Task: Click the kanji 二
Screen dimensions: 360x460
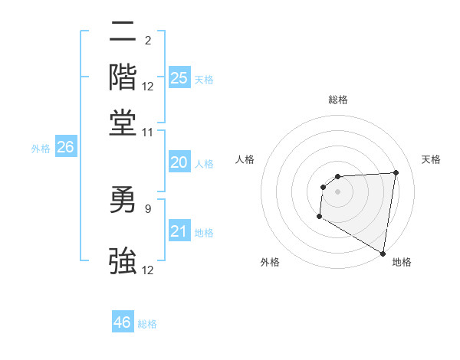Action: (123, 33)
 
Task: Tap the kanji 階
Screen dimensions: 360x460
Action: (123, 77)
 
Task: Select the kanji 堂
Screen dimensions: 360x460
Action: (123, 123)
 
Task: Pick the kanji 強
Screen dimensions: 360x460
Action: (123, 261)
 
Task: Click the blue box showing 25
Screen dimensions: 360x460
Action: (179, 77)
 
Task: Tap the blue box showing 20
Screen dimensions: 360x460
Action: (179, 162)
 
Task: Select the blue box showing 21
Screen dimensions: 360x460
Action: (179, 231)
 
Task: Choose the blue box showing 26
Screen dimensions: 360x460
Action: (65, 148)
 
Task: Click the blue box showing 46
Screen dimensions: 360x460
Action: (123, 322)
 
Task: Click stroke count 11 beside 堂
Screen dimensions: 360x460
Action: (148, 133)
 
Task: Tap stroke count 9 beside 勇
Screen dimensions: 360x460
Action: (148, 208)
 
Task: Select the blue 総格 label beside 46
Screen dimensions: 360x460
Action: (147, 324)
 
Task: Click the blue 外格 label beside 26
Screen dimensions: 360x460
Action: (40, 149)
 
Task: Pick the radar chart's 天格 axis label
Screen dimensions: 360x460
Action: (431, 159)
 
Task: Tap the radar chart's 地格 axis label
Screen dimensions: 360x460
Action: (402, 262)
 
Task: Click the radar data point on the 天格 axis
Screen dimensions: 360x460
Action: (396, 172)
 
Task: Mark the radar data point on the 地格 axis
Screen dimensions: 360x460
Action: (383, 253)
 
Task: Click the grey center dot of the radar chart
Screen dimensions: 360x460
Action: (337, 191)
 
